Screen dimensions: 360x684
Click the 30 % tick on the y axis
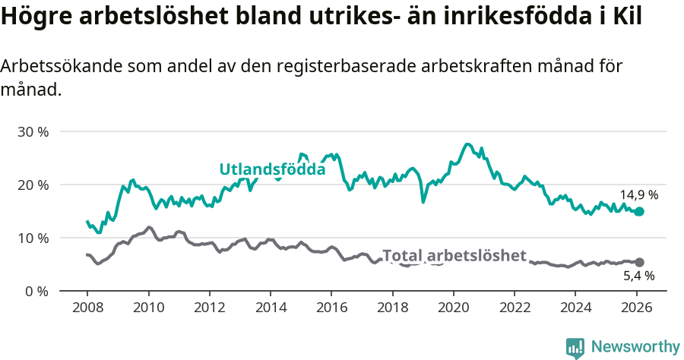[33, 131]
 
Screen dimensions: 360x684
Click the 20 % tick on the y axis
[33, 185]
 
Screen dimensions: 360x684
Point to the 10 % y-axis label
[33, 238]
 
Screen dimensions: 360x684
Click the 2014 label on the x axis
[270, 308]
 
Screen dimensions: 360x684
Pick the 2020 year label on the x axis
[453, 308]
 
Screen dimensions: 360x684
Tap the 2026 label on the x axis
[636, 308]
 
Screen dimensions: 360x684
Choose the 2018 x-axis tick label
[392, 308]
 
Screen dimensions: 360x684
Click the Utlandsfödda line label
[272, 169]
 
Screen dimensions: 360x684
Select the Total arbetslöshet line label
[454, 256]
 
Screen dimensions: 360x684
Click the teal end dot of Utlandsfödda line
[639, 212]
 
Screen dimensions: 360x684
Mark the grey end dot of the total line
[639, 262]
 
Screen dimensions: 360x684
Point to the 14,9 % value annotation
[638, 194]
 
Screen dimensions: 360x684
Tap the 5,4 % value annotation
[638, 276]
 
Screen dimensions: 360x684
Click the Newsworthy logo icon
[575, 348]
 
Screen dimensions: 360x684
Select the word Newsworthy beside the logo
[635, 347]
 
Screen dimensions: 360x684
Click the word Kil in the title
[627, 17]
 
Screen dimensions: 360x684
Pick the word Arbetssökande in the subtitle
[52, 66]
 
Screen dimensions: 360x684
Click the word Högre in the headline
[32, 17]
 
